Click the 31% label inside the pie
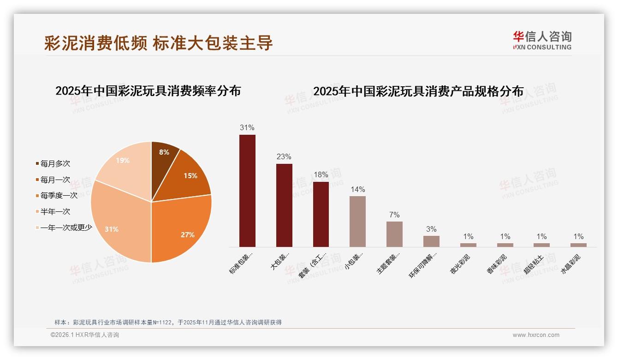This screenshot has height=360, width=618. [x=112, y=229]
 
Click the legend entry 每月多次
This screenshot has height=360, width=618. [x=55, y=164]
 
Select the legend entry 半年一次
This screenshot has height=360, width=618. [x=55, y=211]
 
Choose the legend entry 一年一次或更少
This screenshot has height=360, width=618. [x=65, y=228]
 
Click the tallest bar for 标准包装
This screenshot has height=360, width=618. [x=247, y=191]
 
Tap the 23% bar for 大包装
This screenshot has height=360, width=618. [x=284, y=205]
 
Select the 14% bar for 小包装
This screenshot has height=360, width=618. [x=357, y=222]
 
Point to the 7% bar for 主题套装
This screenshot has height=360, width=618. [x=394, y=234]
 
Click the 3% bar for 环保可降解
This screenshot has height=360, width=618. [x=431, y=241]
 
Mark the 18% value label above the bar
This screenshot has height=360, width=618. [x=321, y=175]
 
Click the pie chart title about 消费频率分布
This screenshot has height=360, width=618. [x=148, y=91]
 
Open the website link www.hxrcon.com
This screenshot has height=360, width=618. [x=536, y=335]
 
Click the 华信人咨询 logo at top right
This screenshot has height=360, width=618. [x=542, y=40]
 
